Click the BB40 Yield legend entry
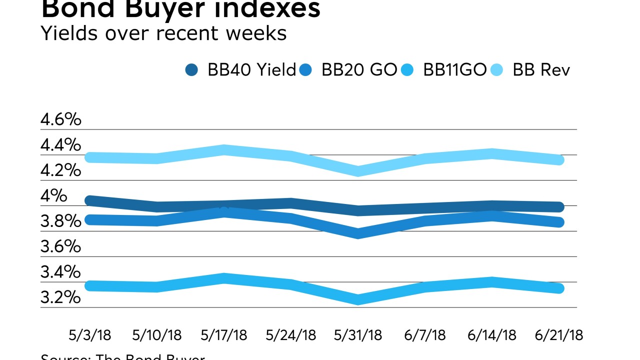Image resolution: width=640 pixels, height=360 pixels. [x=240, y=70]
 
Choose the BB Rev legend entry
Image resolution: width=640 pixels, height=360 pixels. [x=533, y=70]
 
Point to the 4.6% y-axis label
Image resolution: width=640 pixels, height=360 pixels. [x=60, y=120]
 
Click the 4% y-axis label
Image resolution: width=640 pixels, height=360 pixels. [x=53, y=196]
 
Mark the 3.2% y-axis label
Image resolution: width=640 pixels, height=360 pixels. [x=60, y=297]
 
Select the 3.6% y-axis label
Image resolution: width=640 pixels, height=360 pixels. [x=60, y=246]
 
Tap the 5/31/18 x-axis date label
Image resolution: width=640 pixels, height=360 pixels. [x=358, y=335]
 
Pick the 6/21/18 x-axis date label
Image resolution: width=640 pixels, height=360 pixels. [x=558, y=335]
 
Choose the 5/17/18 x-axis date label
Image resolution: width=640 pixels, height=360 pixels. [x=224, y=335]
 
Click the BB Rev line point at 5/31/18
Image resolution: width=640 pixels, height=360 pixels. [x=358, y=171]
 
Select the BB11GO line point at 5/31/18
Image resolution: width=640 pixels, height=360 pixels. [x=358, y=299]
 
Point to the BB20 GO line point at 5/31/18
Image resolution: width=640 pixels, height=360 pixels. [x=358, y=233]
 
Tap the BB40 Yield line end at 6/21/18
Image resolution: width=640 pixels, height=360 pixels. [x=558, y=207]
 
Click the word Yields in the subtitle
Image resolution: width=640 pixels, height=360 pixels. [x=69, y=33]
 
